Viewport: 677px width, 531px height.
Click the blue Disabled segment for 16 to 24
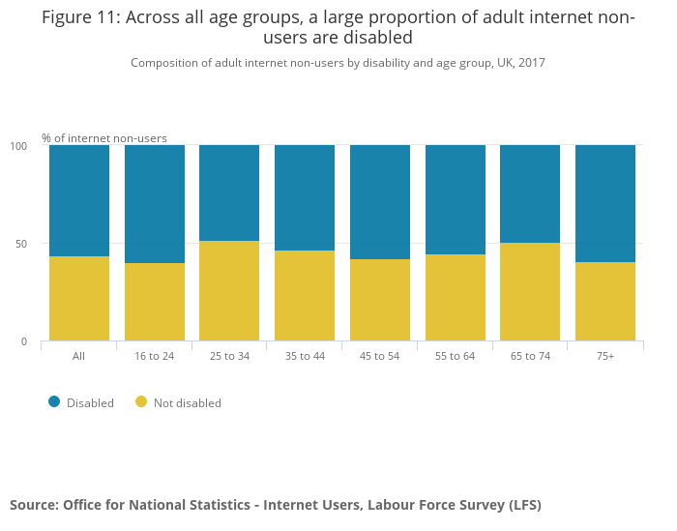pyautogui.click(x=155, y=204)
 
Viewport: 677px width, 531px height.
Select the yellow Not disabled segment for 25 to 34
pyautogui.click(x=229, y=291)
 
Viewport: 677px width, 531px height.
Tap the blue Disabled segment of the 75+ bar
pyautogui.click(x=605, y=203)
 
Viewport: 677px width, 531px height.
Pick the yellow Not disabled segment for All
pyautogui.click(x=79, y=299)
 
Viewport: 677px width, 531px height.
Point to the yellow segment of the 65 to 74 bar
pyautogui.click(x=530, y=292)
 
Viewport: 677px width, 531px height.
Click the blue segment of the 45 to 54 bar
pyautogui.click(x=380, y=202)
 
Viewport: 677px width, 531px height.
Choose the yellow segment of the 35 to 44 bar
pyautogui.click(x=305, y=296)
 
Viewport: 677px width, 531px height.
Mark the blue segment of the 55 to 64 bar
pyautogui.click(x=456, y=200)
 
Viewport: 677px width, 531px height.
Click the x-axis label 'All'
pyautogui.click(x=79, y=356)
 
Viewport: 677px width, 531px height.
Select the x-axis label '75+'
pyautogui.click(x=605, y=356)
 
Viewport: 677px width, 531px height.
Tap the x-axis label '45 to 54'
pyautogui.click(x=380, y=356)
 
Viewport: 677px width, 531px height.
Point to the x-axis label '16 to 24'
pyautogui.click(x=155, y=356)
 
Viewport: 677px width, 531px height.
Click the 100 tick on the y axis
pyautogui.click(x=18, y=146)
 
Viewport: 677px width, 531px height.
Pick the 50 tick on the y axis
pyautogui.click(x=21, y=244)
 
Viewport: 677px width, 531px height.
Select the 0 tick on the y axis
pyautogui.click(x=24, y=341)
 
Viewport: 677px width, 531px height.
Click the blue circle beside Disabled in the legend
pyautogui.click(x=54, y=402)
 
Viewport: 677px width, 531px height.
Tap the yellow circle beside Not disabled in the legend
pyautogui.click(x=141, y=402)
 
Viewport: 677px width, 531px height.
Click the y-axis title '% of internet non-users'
pyautogui.click(x=104, y=138)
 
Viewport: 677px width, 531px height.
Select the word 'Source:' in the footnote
pyautogui.click(x=33, y=505)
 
